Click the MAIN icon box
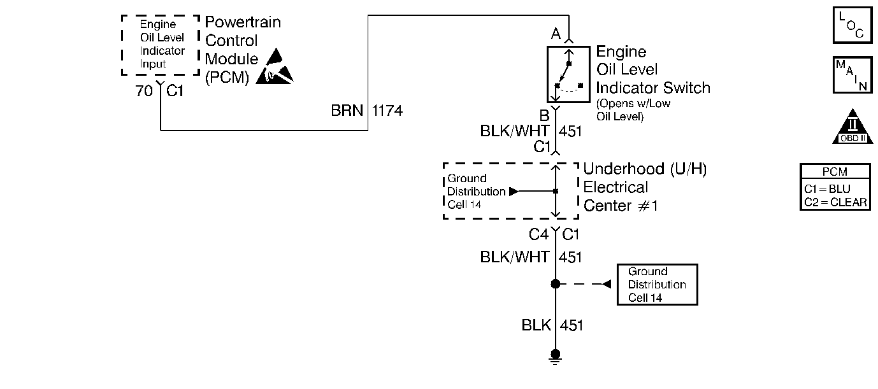[x=852, y=76]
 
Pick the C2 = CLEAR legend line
[x=835, y=202]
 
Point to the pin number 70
[x=144, y=91]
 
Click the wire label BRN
[x=347, y=111]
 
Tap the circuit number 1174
[x=387, y=111]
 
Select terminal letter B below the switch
[x=544, y=116]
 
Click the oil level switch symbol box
[x=568, y=74]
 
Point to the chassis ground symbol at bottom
[x=556, y=356]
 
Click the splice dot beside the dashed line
[x=556, y=284]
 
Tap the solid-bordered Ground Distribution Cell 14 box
[x=657, y=285]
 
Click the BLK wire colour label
[x=536, y=325]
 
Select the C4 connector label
[x=538, y=235]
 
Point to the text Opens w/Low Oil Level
[x=633, y=110]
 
